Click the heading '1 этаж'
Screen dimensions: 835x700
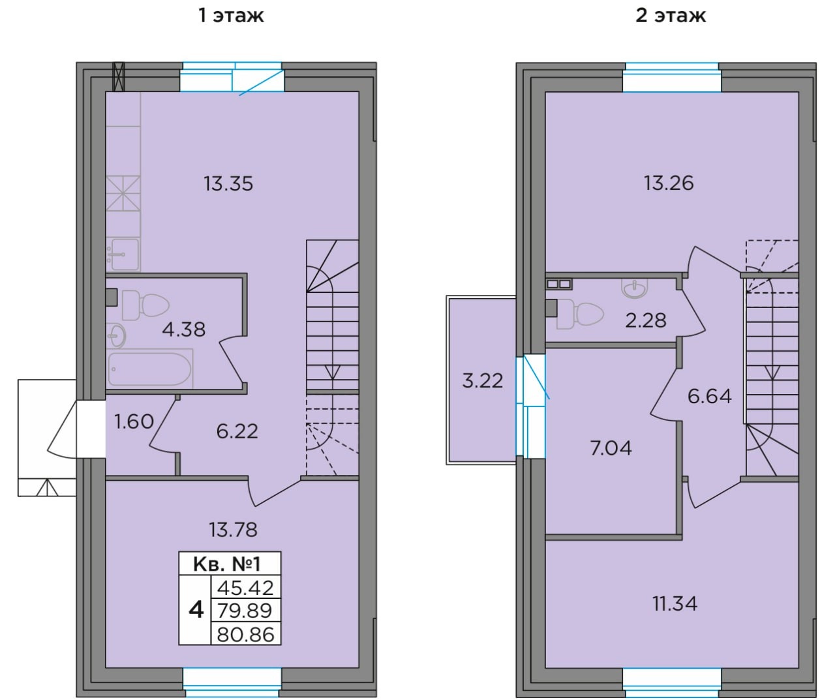(231, 16)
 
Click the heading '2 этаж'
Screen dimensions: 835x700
(671, 16)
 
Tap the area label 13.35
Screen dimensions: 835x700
(228, 183)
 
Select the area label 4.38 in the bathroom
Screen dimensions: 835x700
(183, 329)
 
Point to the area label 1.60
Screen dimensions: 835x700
(134, 421)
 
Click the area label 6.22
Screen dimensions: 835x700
(237, 431)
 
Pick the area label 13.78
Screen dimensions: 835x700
(233, 530)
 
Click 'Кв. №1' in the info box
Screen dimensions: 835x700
(227, 564)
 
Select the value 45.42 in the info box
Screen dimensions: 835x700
(245, 588)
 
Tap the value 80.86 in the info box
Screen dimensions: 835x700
(245, 634)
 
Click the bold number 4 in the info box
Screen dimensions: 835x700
(196, 611)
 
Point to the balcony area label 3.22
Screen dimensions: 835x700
(482, 381)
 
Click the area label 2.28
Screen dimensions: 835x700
(645, 320)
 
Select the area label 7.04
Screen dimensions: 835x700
(611, 448)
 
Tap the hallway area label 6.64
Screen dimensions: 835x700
(710, 396)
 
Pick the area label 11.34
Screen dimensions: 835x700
(675, 603)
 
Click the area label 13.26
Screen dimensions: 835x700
(669, 183)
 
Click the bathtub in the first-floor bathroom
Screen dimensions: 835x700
(149, 369)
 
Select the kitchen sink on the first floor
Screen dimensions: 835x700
(123, 254)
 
